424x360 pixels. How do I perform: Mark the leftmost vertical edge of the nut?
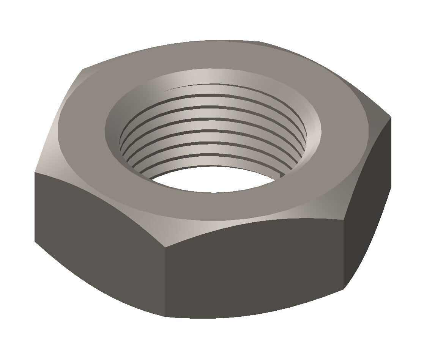(35, 207)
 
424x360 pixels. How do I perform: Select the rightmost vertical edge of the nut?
(391, 152)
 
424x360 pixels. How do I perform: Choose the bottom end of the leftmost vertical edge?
(35, 241)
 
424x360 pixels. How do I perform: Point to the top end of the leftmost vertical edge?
(35, 173)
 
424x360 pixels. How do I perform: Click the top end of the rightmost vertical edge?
(391, 118)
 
